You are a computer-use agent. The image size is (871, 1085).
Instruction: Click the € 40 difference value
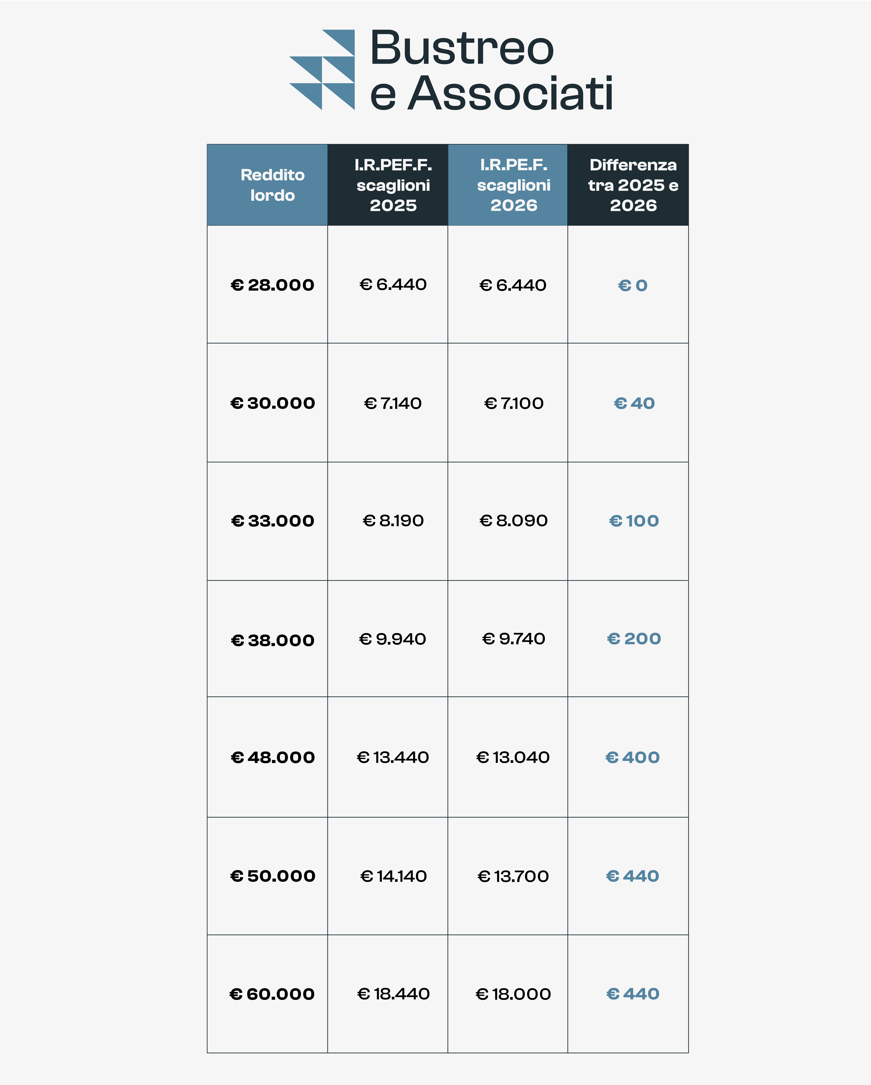(x=634, y=403)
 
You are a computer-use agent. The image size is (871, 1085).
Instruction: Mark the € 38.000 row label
(x=272, y=640)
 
